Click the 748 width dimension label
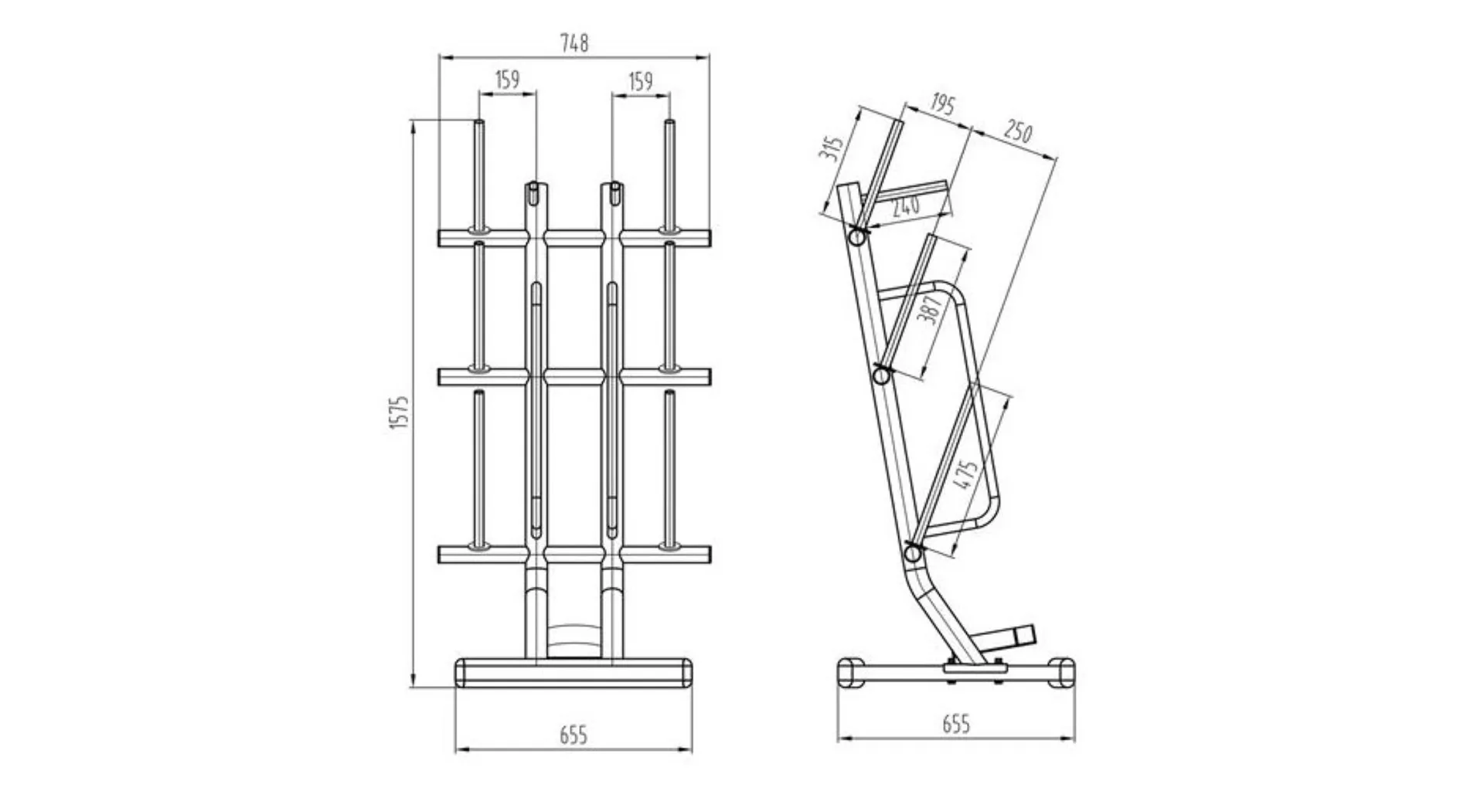tap(574, 43)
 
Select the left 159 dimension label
tap(507, 80)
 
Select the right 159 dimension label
tap(640, 81)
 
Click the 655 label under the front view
tap(574, 735)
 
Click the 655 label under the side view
tap(956, 724)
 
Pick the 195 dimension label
tap(941, 104)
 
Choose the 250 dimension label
tap(1017, 132)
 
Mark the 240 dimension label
tap(905, 205)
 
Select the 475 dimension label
tap(967, 474)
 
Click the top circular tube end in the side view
tap(857, 237)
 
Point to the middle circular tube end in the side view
tap(880, 376)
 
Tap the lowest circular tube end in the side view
tap(913, 553)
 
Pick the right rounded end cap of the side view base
tap(1061, 671)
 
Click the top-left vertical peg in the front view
tap(479, 175)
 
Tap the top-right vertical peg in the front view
tap(669, 175)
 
